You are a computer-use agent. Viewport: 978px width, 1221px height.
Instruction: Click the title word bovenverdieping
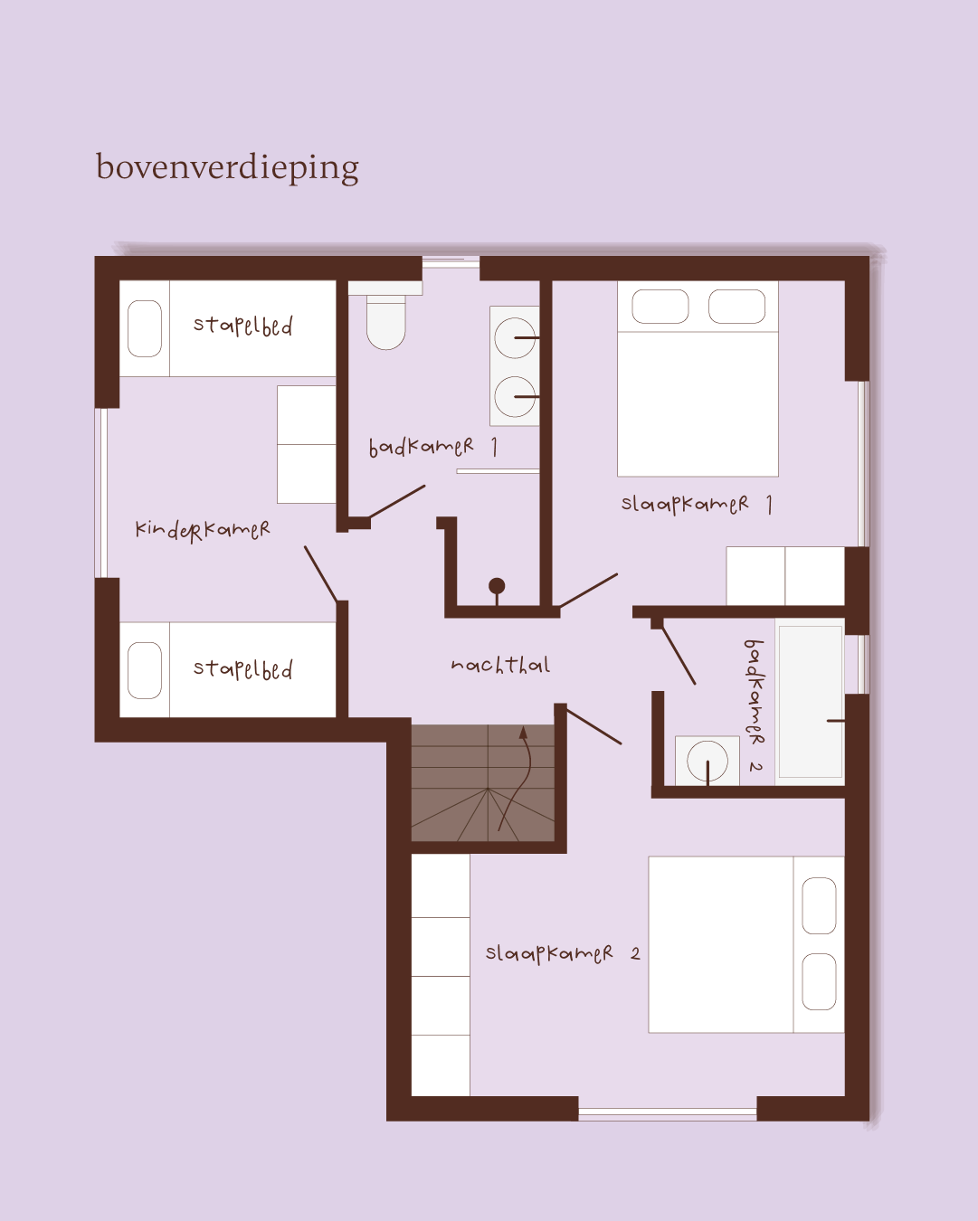(227, 168)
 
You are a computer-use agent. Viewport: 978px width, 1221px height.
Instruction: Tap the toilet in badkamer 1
(385, 316)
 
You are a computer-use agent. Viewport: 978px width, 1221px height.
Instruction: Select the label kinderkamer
(202, 530)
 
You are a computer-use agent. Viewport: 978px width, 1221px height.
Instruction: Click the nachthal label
(500, 665)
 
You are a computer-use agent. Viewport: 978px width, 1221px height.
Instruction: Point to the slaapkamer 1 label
(697, 504)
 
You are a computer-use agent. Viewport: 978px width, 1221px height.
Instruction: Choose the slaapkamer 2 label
(563, 952)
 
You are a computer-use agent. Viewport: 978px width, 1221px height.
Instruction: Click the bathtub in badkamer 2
(810, 702)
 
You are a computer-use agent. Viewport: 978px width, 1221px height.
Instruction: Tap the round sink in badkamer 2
(707, 761)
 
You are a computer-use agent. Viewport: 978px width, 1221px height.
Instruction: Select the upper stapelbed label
(243, 326)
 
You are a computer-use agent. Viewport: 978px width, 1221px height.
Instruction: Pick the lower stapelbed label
(243, 669)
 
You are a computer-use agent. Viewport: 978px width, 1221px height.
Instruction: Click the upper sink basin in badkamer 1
(515, 337)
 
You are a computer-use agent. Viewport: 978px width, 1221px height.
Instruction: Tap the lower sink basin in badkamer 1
(515, 397)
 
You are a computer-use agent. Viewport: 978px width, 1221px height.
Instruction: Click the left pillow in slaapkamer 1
(660, 307)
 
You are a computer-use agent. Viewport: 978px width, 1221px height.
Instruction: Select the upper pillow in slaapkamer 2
(819, 905)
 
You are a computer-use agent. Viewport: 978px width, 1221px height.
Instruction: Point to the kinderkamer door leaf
(321, 574)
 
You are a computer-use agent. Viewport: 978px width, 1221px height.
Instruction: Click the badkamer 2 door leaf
(679, 656)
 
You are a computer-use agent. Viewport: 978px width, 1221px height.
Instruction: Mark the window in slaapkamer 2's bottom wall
(668, 1113)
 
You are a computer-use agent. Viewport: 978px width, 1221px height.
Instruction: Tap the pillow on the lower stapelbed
(145, 670)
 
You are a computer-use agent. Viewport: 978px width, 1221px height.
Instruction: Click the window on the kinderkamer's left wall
(101, 493)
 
